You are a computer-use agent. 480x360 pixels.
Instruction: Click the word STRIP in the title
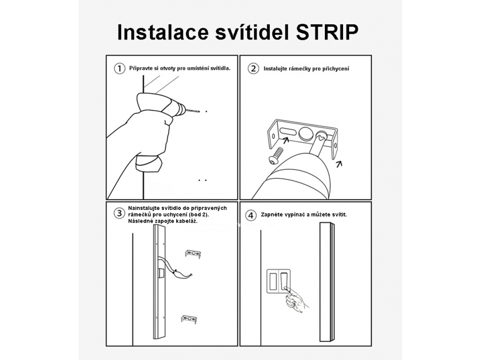tap(327, 32)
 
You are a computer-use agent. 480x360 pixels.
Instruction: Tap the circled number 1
tap(120, 68)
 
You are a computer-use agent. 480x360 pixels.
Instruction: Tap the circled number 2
tap(253, 68)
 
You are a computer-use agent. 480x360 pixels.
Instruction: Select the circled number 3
tap(120, 213)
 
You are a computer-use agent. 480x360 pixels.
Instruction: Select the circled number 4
tap(251, 215)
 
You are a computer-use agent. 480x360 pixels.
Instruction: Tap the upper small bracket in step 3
tap(193, 254)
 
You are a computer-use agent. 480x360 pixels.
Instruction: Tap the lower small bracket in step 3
tap(188, 319)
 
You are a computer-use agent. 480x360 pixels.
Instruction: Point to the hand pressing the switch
tap(296, 300)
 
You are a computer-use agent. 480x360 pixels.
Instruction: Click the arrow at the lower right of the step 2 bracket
tap(339, 164)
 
